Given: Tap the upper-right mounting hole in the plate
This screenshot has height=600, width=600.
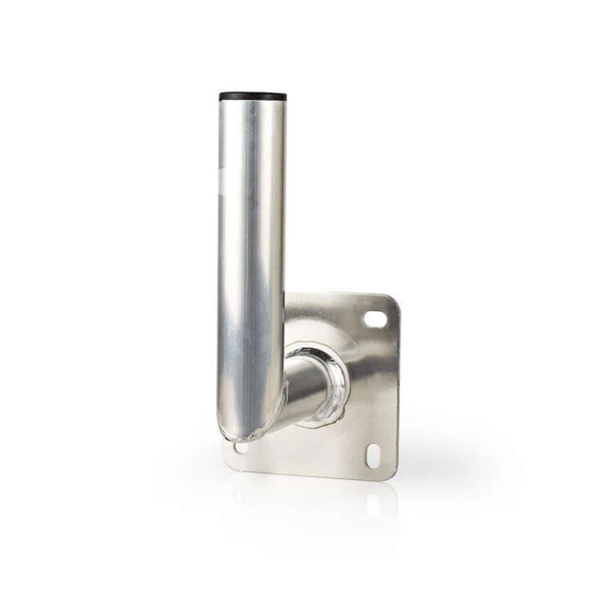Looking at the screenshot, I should click(374, 318).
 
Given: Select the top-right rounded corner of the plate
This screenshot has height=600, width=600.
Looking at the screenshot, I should click(392, 302).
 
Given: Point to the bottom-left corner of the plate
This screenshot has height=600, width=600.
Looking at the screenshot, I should click(227, 462).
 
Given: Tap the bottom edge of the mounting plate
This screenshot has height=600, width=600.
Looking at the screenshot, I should click(312, 473).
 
